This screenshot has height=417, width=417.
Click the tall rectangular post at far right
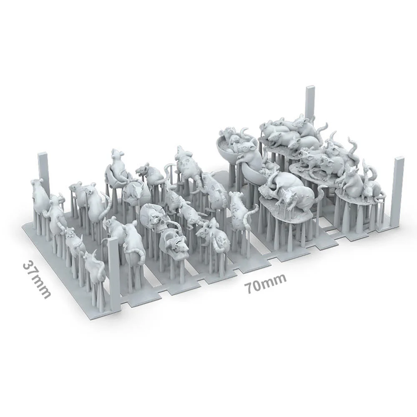tap(399, 192)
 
